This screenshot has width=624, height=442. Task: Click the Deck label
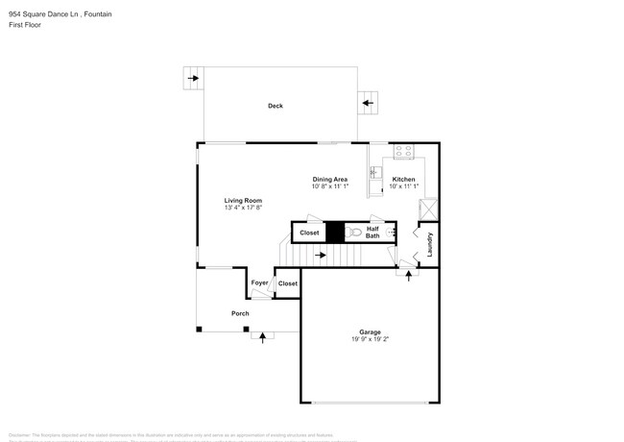coord(276,106)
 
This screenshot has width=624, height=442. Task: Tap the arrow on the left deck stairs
coord(193,79)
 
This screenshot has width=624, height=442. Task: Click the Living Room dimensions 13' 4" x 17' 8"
coord(244,208)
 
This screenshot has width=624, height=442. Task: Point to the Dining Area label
coord(329,179)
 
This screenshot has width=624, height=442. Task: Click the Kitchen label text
coord(403,180)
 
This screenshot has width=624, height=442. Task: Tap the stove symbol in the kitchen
coord(403,152)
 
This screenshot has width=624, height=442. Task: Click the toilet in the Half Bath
coord(354,233)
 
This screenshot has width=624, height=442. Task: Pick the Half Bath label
coord(372,233)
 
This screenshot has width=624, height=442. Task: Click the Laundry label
coord(429,244)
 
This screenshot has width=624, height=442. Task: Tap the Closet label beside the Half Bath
coord(309,233)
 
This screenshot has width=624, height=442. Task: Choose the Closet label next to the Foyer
coord(287,283)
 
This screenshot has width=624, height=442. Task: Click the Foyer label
coord(259,282)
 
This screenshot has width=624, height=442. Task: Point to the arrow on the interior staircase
coord(321,255)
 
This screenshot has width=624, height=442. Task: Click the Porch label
coord(240,313)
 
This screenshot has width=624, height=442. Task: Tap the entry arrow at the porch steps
coord(262,335)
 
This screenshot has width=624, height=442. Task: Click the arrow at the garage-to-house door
coord(408,275)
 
